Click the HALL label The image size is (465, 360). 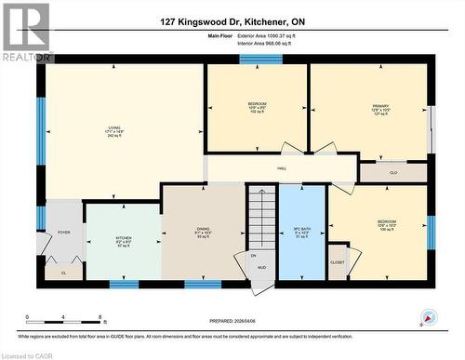pyautogui.click(x=281, y=168)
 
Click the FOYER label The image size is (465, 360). pyautogui.click(x=63, y=233)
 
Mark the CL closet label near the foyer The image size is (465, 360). pyautogui.click(x=62, y=273)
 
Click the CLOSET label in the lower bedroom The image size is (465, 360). pyautogui.click(x=338, y=262)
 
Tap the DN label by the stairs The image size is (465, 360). pyautogui.click(x=253, y=255)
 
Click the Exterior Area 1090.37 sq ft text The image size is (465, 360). pyautogui.click(x=279, y=34)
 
